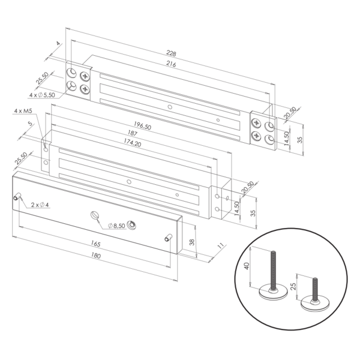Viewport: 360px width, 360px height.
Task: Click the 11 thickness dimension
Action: point(220,246)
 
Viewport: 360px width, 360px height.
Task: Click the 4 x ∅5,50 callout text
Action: point(41,95)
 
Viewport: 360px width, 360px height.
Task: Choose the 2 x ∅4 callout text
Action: point(40,206)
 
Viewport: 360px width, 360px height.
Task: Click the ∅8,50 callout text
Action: point(116,226)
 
